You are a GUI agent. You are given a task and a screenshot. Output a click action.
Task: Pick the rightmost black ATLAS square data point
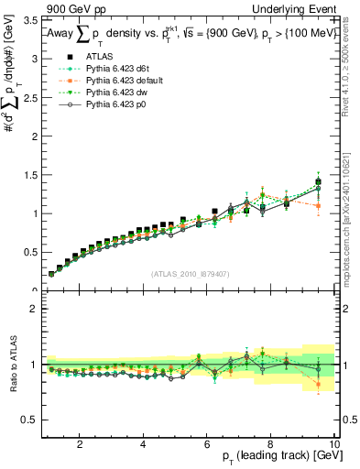tap(318, 182)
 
